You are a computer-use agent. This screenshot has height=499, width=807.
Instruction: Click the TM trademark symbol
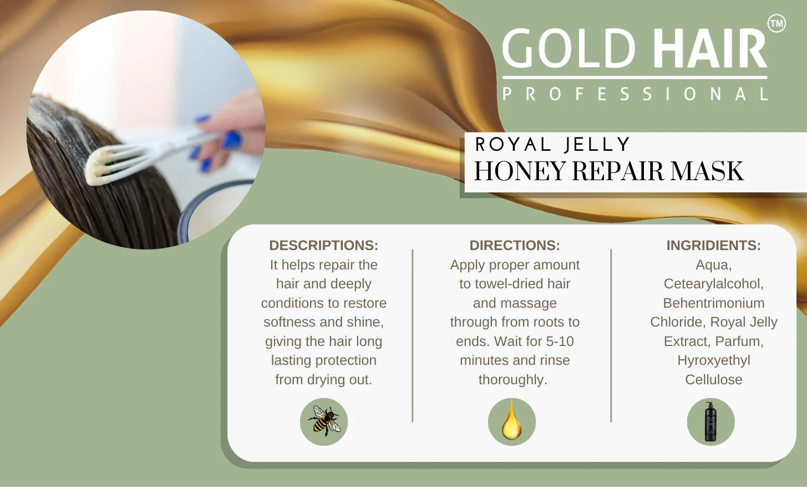776,23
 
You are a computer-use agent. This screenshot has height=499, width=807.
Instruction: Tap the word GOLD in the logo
569,48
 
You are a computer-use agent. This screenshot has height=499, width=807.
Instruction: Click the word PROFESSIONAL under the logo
635,94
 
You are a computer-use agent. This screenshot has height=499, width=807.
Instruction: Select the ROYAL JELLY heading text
552,144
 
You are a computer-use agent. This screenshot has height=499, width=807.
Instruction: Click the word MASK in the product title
707,171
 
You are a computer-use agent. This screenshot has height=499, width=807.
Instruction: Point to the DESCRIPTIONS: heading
323,245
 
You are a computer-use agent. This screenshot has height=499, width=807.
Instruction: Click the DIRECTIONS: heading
515,245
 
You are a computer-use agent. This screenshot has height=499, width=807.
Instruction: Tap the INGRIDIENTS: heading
713,245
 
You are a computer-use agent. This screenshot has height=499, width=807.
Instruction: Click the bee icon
324,421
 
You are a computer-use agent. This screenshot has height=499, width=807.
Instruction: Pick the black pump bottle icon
710,421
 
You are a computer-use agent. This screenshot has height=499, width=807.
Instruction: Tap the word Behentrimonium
714,303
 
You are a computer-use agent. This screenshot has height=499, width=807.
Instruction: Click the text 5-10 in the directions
560,342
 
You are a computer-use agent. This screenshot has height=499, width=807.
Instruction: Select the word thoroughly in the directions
510,380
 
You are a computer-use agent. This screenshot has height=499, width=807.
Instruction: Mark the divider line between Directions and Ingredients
611,335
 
